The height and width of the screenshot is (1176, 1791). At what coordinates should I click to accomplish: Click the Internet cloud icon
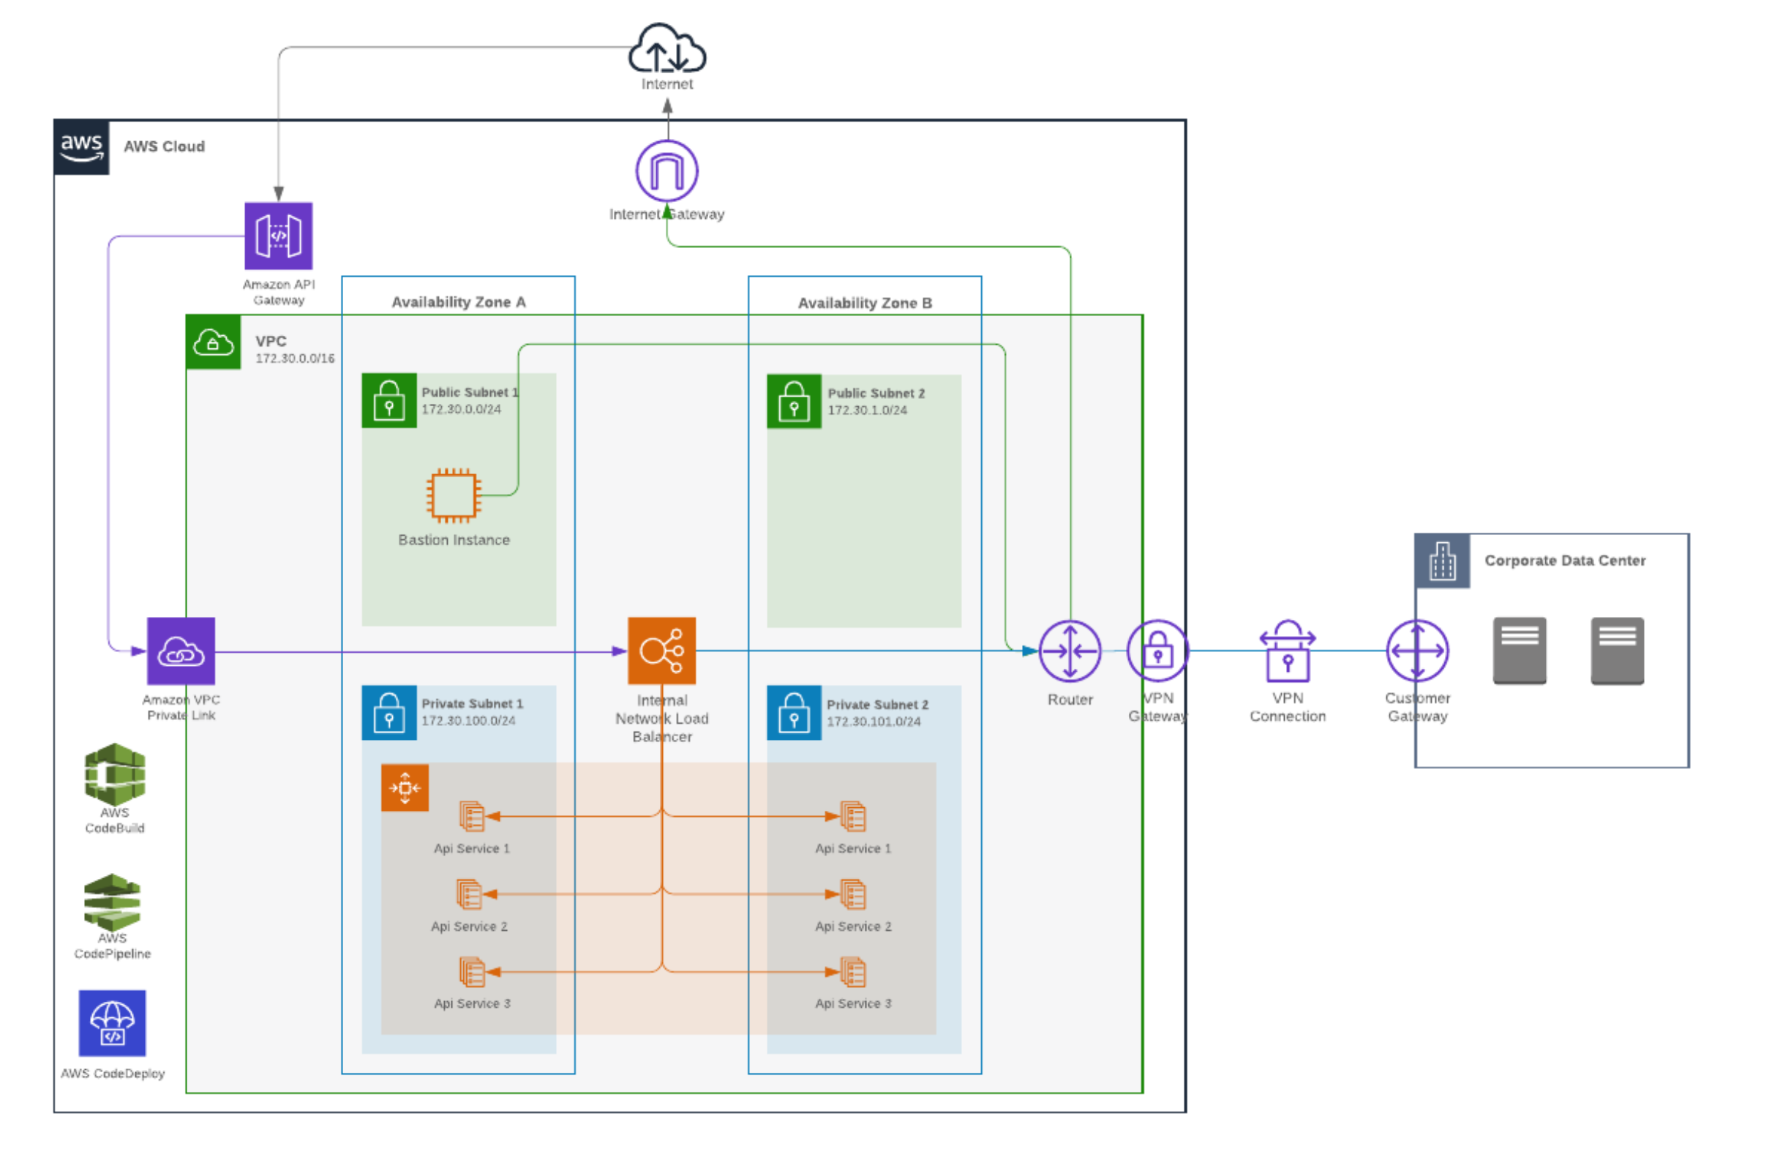(667, 49)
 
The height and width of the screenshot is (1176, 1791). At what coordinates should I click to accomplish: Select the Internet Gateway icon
(667, 171)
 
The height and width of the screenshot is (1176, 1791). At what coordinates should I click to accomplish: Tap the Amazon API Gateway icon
(279, 236)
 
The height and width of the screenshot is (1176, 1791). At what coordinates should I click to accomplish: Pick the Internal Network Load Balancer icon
(661, 651)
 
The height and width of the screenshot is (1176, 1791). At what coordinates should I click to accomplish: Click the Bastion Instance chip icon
(454, 496)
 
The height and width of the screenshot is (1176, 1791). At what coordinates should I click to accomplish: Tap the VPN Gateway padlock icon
(1157, 651)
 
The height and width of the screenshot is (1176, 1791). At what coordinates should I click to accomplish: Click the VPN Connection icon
(1288, 652)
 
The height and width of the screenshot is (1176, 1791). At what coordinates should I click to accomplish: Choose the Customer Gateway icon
(1418, 651)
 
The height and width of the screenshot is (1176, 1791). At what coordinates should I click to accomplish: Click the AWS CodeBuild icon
(114, 775)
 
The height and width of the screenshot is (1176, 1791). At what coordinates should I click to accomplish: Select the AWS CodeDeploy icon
(112, 1024)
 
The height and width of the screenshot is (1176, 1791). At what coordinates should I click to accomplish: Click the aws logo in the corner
(81, 147)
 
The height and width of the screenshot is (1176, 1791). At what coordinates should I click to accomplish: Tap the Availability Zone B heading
(865, 304)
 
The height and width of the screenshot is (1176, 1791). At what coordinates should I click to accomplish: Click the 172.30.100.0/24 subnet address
(468, 722)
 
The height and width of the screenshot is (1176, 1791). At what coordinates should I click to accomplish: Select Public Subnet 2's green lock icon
(794, 402)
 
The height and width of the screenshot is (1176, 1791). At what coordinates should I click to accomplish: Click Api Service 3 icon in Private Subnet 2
(853, 973)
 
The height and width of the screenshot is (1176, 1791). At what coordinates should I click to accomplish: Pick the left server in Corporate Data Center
(1520, 651)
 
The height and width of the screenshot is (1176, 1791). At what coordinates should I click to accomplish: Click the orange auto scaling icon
(405, 788)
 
